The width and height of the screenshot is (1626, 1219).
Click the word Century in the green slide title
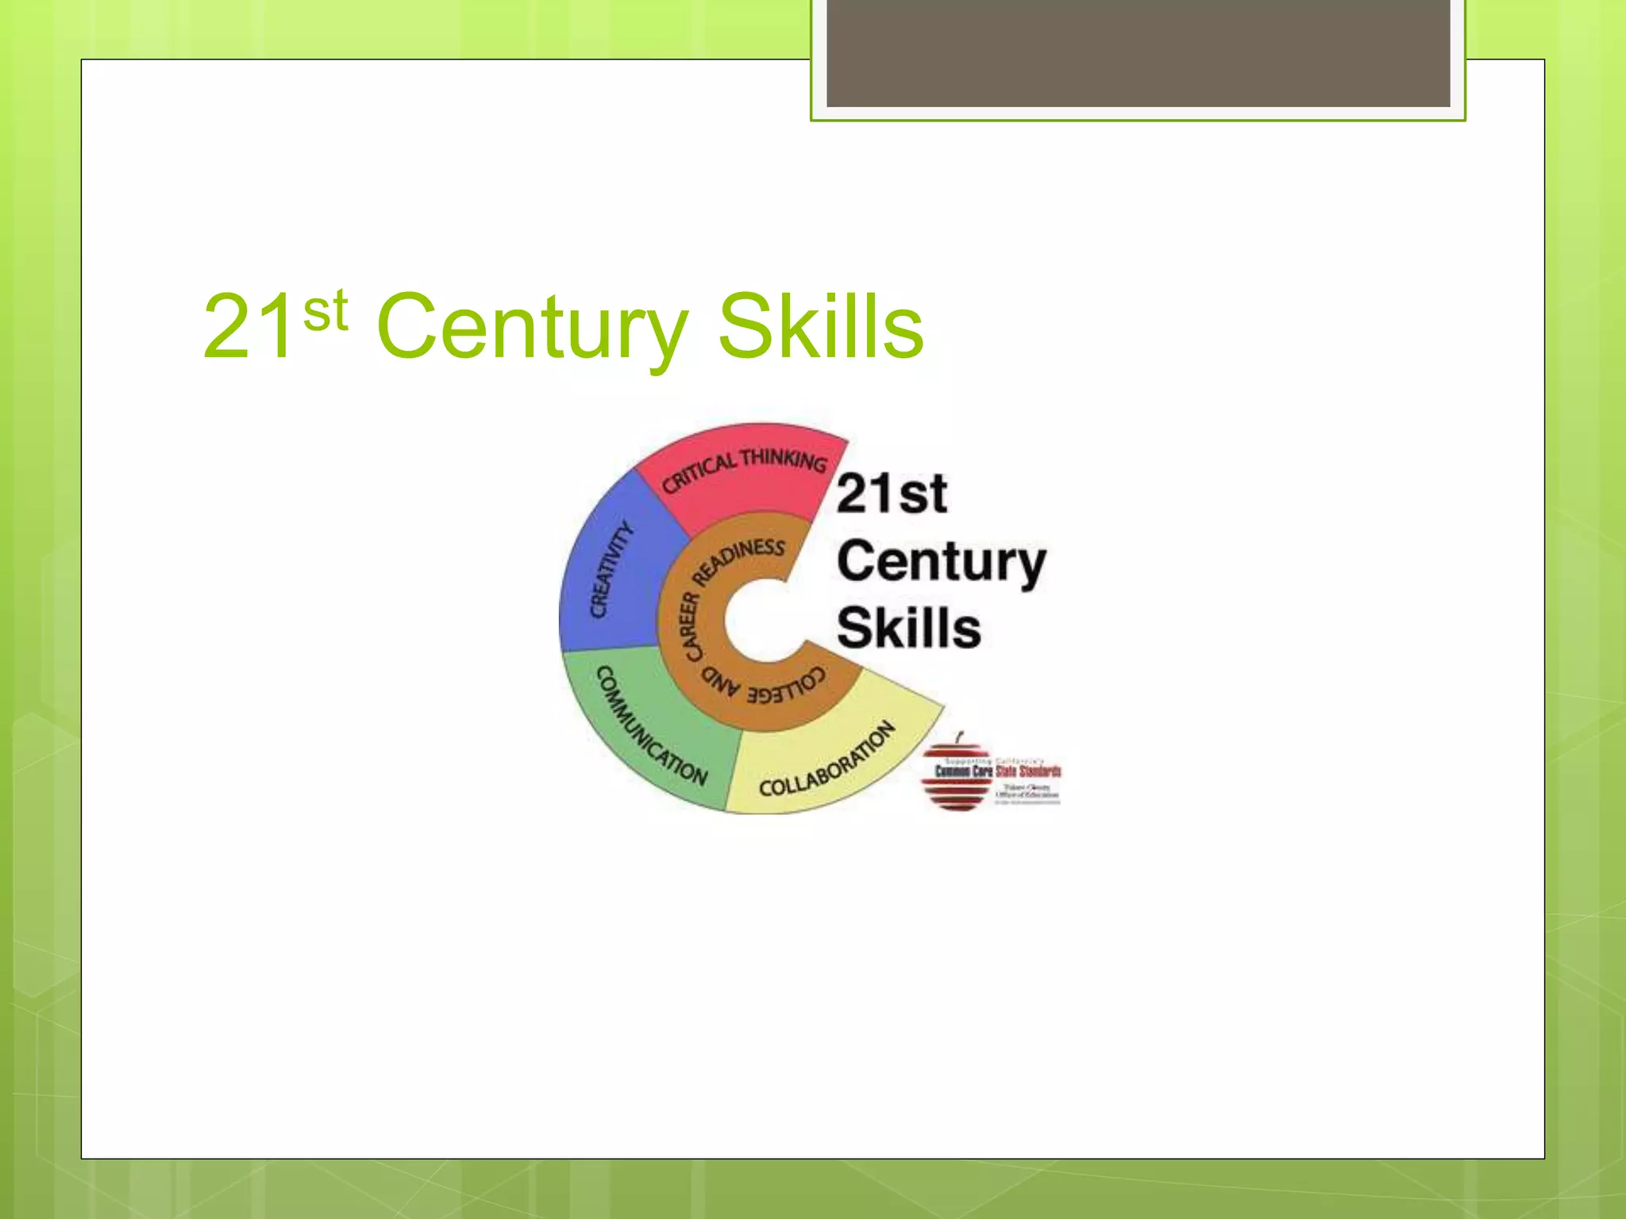pyautogui.click(x=532, y=327)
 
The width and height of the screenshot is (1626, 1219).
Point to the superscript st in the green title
pyautogui.click(x=326, y=310)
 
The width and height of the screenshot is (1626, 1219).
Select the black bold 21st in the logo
pyautogui.click(x=892, y=494)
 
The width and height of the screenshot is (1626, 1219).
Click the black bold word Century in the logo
pyautogui.click(x=942, y=562)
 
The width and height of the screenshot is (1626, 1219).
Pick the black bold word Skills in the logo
pyautogui.click(x=909, y=628)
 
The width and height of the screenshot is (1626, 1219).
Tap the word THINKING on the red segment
pyautogui.click(x=784, y=460)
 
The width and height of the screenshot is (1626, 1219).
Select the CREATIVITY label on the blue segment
pyautogui.click(x=611, y=569)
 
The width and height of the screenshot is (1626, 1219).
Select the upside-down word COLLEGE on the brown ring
pyautogui.click(x=786, y=686)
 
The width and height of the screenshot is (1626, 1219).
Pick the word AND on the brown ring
pyautogui.click(x=720, y=683)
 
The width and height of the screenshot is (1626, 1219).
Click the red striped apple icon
pyautogui.click(x=956, y=774)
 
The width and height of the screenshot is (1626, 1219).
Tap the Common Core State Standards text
pyautogui.click(x=998, y=771)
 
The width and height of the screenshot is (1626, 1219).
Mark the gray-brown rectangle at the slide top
pyautogui.click(x=1138, y=53)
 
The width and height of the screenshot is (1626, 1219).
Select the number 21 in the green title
pyautogui.click(x=248, y=327)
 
